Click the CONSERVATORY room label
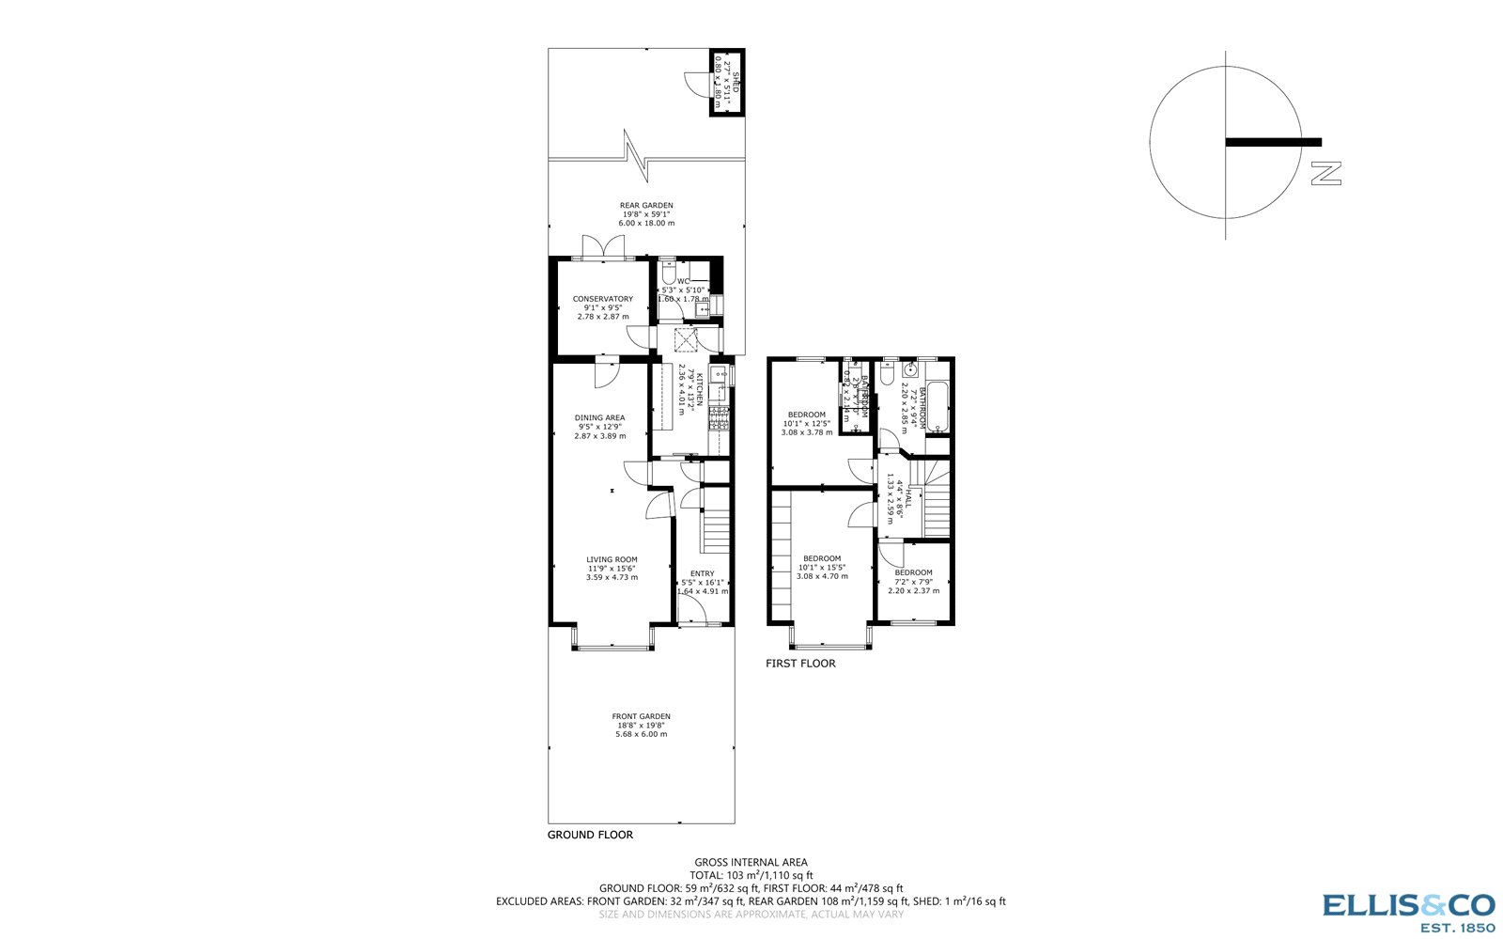[x=603, y=299]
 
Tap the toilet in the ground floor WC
[x=668, y=275]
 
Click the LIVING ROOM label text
[x=612, y=559]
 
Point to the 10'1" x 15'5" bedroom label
[x=822, y=558]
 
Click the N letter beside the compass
[x=1326, y=173]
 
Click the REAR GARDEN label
[x=646, y=205]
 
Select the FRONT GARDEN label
[x=642, y=716]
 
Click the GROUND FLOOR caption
[x=590, y=835]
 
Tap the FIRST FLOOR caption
[x=800, y=664]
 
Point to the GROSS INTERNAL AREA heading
[x=751, y=862]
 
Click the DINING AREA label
[x=600, y=417]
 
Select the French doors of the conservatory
[x=603, y=248]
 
